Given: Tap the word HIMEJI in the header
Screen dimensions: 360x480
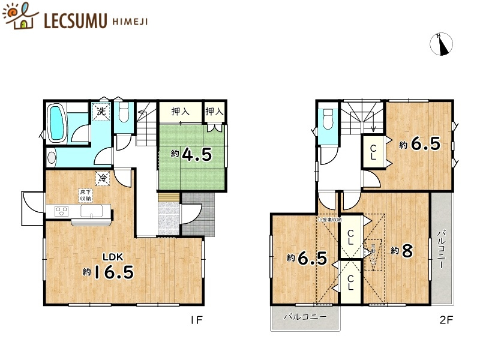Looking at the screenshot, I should click(x=130, y=20).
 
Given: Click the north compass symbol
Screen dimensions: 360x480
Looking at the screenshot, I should click(x=443, y=44).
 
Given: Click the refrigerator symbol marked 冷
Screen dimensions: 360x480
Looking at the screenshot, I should click(x=103, y=178).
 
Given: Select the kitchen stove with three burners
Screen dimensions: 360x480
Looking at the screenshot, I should click(x=62, y=211).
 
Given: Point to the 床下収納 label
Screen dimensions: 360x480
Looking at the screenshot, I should click(x=85, y=194).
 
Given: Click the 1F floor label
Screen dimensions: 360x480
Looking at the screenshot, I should click(x=196, y=320).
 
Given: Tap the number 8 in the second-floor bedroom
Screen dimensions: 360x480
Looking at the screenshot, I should click(x=407, y=251).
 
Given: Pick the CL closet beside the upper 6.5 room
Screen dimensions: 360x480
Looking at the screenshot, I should click(x=373, y=152).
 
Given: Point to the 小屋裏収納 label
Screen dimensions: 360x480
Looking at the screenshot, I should click(x=329, y=220).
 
